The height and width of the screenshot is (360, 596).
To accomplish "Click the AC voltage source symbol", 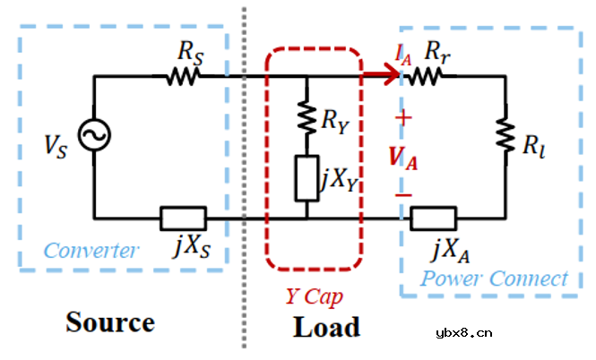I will click(x=93, y=136).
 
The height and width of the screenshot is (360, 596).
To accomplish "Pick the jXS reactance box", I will click(x=183, y=218).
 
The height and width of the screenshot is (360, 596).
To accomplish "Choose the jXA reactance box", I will click(x=434, y=218).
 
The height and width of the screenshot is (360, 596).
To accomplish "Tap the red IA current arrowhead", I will click(x=392, y=78).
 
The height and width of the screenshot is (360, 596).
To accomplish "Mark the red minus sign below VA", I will click(x=404, y=193).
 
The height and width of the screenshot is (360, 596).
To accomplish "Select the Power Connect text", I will click(x=495, y=279).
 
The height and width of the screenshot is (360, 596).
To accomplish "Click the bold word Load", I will click(x=326, y=327).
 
